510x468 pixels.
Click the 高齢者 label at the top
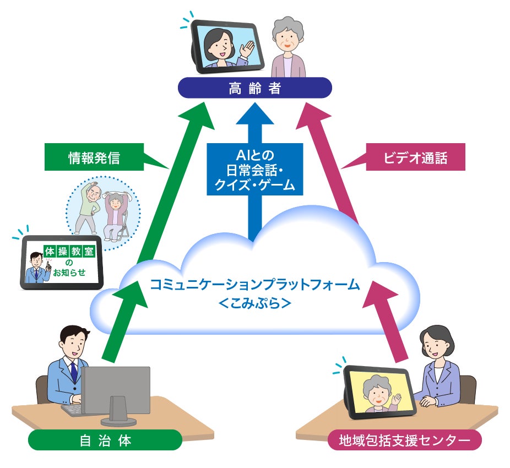coord(254,88)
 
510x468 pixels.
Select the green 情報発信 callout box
coord(94,158)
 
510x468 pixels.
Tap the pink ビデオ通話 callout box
coord(415,158)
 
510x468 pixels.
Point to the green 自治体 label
coord(105,440)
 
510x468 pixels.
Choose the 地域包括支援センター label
coord(404,440)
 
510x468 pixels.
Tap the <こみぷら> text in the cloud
coord(254,303)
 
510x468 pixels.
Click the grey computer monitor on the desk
coord(116,390)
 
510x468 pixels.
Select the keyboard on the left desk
coord(74,411)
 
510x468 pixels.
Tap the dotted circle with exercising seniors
coord(103,212)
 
